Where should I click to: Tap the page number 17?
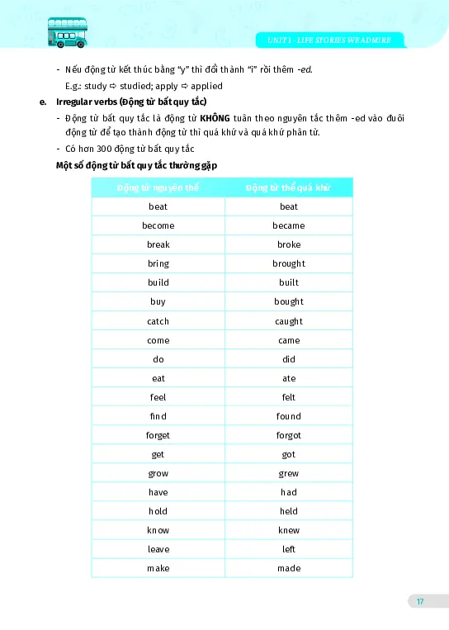tap(419, 601)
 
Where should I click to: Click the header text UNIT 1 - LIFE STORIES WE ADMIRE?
tap(330, 40)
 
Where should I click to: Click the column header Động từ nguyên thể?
tap(158, 187)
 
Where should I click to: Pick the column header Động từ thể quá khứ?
tap(288, 187)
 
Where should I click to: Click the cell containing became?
tap(288, 225)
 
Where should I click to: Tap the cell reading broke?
tap(288, 244)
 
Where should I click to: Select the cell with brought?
tap(288, 263)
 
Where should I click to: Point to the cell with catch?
tap(158, 321)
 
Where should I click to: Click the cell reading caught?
tap(288, 321)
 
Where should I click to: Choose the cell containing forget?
tap(158, 435)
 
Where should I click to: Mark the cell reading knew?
tap(288, 530)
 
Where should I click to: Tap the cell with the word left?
tap(288, 549)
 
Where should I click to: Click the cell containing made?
tap(288, 568)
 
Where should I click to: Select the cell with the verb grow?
tap(158, 473)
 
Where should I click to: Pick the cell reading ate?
tap(288, 378)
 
